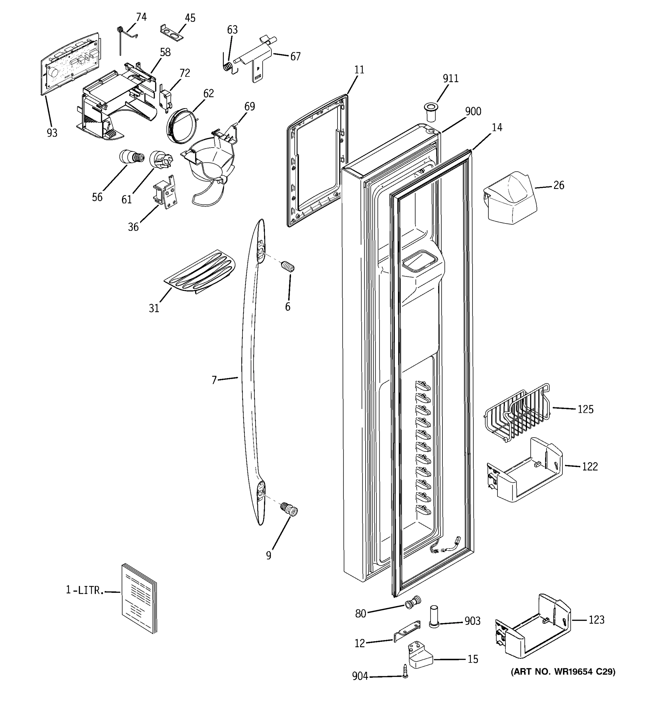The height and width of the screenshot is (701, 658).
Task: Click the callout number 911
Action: (x=450, y=78)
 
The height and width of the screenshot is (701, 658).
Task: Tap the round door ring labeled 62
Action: (x=181, y=126)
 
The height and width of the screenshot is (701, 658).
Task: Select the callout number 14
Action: (x=497, y=127)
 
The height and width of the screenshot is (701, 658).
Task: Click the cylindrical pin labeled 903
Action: (x=434, y=616)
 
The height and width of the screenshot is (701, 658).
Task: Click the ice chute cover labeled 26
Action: (x=510, y=197)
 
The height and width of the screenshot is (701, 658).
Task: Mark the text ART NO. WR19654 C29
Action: (x=563, y=672)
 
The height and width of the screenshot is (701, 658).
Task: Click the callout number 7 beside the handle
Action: (x=214, y=380)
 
